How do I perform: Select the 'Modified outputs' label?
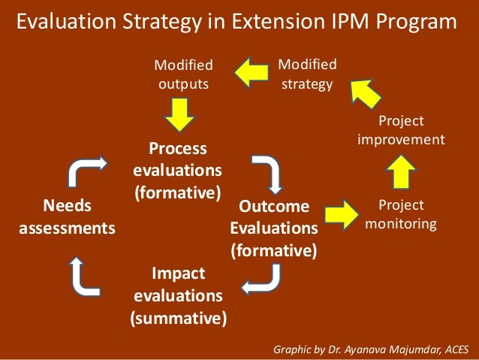point(182,74)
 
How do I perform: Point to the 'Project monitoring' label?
point(401,214)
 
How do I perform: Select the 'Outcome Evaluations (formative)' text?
point(273,226)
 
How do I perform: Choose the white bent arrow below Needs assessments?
point(87,275)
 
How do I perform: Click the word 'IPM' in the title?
point(342,22)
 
